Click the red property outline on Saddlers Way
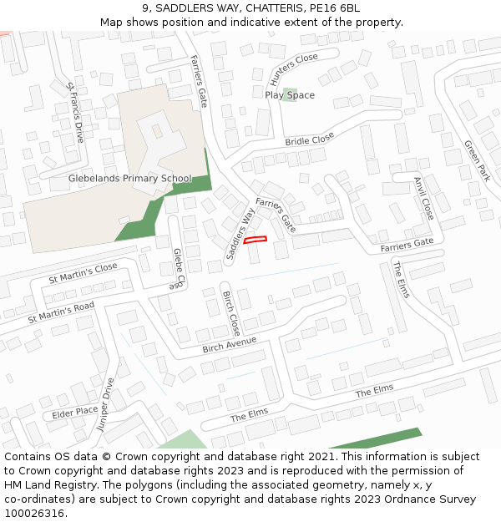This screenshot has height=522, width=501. pos(256,241)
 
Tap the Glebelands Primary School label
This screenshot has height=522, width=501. pos(129,179)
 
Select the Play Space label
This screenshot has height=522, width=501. pos(290,95)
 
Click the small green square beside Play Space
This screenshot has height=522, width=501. pos(290,92)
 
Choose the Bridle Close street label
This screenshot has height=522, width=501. pos(309,139)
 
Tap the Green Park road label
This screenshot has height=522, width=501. pos(477,160)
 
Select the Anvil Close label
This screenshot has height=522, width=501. pos(424,198)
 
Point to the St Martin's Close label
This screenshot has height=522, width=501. pos(83,273)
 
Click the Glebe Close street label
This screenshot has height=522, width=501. pos(178,269)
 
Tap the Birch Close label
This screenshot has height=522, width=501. pos(231,313)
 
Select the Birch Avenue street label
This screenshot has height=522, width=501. pos(229,343)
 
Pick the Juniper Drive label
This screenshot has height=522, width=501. pos(104,404)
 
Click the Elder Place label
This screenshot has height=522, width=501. pos(75,412)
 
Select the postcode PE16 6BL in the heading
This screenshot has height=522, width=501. pos(335,8)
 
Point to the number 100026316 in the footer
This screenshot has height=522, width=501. pos(33,513)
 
